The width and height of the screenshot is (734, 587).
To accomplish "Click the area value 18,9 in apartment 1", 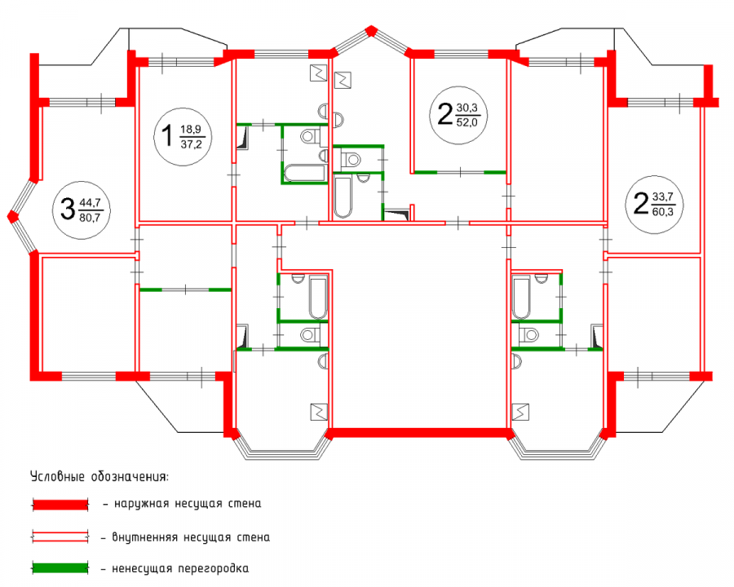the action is coord(190,129).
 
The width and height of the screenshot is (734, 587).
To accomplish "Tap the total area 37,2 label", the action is coord(191,144).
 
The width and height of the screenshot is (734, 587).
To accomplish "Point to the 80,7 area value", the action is coord(90,217).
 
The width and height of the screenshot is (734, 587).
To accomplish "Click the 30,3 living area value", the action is coord(466,108).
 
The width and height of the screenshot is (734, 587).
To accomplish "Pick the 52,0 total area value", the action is coord(466,122).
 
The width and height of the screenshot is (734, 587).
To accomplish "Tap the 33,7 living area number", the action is coord(662,196).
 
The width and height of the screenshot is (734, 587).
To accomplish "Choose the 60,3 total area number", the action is coord(662,212).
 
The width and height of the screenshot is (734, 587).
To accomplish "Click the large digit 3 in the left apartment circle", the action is coord(68,209).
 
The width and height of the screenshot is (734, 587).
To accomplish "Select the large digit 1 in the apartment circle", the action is coord(167,136).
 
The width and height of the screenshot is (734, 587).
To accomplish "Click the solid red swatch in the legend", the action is coord(60,504).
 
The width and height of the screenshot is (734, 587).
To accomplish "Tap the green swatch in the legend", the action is coord(60,568).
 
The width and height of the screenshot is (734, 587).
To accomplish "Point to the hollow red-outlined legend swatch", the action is coord(60,537).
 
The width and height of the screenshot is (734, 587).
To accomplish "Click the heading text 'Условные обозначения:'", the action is coord(99,477).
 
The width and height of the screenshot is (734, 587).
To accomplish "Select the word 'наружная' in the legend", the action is coord(141,504).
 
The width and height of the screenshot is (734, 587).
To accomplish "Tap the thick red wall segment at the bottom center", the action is coord(420,433).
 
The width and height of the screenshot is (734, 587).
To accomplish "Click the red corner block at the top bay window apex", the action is coord(371,31).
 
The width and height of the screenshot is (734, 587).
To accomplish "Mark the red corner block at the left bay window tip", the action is coord(12,216).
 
